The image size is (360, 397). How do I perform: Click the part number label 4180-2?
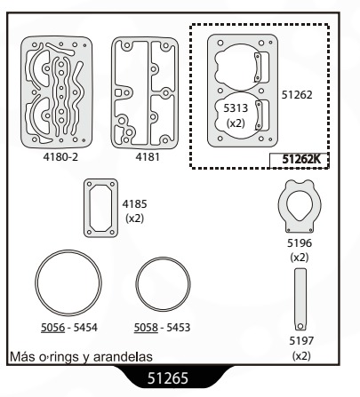click(60, 157)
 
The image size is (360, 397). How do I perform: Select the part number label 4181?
click(148, 157)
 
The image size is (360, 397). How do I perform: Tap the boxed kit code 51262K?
click(301, 159)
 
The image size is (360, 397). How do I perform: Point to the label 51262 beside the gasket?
click(297, 95)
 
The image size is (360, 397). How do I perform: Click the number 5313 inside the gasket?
click(236, 108)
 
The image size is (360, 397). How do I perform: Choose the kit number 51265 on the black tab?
click(168, 378)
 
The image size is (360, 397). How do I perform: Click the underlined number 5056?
click(52, 328)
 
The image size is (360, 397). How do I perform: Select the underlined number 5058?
click(146, 328)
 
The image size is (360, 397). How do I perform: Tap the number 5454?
click(85, 328)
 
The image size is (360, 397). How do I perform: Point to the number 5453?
click(179, 328)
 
